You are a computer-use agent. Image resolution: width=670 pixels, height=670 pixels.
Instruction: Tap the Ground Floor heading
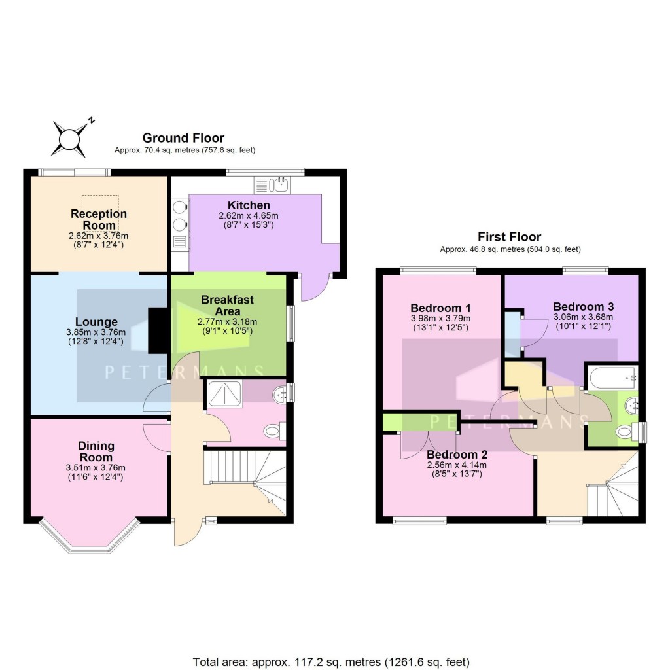[x=183, y=138]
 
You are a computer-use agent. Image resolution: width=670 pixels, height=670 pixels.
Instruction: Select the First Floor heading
[x=510, y=237]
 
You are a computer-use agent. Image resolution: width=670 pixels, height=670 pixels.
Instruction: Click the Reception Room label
[x=99, y=220]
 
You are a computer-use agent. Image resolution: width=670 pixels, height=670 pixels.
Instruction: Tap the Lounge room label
[x=96, y=322]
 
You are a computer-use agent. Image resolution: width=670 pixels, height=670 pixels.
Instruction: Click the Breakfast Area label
[x=227, y=305]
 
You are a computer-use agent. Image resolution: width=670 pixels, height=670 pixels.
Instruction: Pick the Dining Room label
[x=96, y=451]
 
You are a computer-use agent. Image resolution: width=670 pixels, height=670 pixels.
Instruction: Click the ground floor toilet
[x=273, y=432]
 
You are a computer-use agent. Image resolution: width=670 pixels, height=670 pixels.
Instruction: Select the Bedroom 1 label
[x=440, y=308]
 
